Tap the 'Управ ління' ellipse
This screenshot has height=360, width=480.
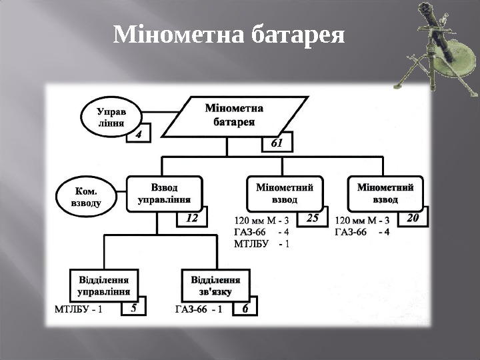tap(109, 118)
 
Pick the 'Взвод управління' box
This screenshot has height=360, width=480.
tap(164, 193)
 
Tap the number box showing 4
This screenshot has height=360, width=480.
tap(139, 133)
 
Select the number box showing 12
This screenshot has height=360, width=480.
tap(192, 217)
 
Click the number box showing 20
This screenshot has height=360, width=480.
tap(412, 217)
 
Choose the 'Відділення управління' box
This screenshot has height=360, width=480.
tap(104, 285)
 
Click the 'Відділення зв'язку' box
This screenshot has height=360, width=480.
tap(215, 285)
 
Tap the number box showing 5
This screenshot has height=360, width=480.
tap(134, 309)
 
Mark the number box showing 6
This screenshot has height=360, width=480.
tap(245, 309)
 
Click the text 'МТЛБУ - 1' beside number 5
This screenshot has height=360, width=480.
tap(78, 309)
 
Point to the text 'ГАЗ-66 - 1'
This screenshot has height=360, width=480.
tap(199, 309)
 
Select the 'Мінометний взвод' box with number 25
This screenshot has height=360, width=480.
tap(285, 193)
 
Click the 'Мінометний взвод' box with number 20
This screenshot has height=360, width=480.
tap(386, 193)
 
